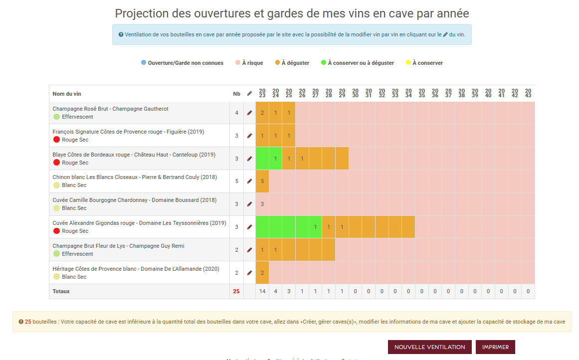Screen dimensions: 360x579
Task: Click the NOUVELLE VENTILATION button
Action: tap(429, 347)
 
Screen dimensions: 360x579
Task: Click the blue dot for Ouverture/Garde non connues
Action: tap(144, 63)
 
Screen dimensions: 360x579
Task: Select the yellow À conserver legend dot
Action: tap(408, 63)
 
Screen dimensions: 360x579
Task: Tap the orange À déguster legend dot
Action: tap(277, 63)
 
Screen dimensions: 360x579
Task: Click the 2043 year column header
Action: tap(528, 93)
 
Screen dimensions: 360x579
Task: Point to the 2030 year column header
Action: tap(355, 93)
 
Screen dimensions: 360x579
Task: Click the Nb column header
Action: tap(236, 94)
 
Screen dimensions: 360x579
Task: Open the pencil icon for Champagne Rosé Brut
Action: tap(249, 113)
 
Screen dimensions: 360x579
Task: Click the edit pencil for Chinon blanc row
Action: tap(249, 181)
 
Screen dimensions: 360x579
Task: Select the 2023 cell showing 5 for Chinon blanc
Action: tap(262, 181)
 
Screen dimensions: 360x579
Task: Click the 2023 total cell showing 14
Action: tap(262, 291)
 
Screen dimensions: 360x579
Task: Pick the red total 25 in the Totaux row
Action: tap(236, 291)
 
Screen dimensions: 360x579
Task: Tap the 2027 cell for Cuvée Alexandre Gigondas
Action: tap(315, 227)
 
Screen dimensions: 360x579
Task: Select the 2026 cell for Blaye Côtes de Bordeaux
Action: tap(302, 159)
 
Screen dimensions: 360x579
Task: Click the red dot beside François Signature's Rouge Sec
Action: tap(56, 140)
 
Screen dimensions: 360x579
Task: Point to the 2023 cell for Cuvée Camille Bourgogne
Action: tap(262, 204)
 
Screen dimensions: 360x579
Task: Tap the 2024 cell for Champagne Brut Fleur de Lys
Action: tap(275, 250)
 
